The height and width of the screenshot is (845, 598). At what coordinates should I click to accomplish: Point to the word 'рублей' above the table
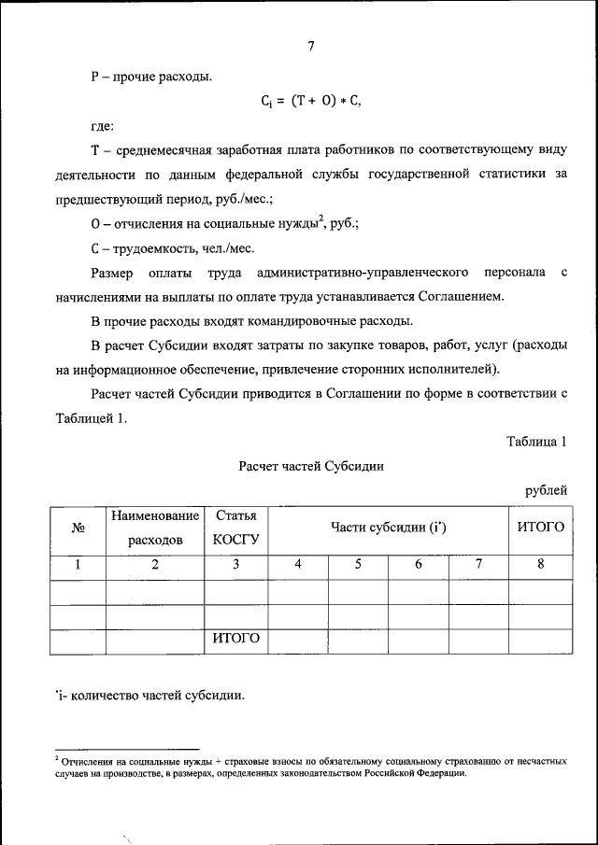(546, 489)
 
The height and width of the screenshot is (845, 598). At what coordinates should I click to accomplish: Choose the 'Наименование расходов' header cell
(155, 528)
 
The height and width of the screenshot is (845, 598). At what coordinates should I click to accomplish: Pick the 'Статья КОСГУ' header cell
(235, 528)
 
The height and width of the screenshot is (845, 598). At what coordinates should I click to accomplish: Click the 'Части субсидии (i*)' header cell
(388, 528)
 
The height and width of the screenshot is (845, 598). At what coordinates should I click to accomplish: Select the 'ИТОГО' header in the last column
(540, 528)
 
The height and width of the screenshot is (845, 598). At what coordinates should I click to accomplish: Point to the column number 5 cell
(358, 564)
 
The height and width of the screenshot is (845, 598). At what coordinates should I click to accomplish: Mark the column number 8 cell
(540, 564)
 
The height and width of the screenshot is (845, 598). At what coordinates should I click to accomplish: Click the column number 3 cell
(235, 564)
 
